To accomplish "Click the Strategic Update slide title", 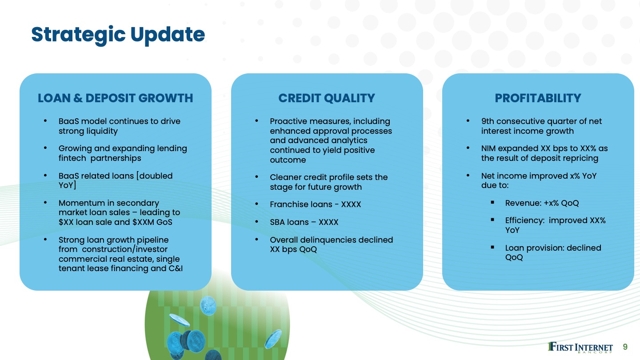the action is (118, 35).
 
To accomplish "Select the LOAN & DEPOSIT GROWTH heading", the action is (116, 98).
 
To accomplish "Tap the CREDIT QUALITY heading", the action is (327, 98).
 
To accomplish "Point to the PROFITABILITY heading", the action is (538, 98).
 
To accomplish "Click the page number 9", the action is (625, 347).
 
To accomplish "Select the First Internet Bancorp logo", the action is (580, 348).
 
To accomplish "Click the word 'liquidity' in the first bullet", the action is (102, 131).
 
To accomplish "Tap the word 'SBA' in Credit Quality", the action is (277, 222).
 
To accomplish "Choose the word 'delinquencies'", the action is (328, 240).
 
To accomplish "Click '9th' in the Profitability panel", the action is (488, 121).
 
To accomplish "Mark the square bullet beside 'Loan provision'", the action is (492, 247).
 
